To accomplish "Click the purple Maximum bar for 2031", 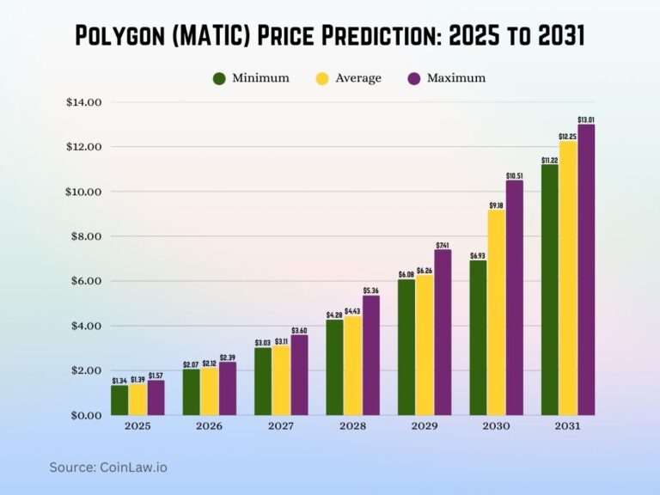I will point(586,270).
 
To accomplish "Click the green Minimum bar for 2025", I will point(119,400).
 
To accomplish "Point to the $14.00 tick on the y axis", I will point(83,102).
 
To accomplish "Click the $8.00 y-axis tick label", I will point(83,236).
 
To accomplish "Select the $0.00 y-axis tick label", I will point(83,415).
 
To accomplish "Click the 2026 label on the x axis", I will point(209,427).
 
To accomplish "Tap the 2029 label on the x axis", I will point(425,427).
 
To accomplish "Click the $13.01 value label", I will point(587,119).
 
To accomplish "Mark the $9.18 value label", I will point(497,205).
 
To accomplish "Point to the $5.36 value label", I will point(370,290).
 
